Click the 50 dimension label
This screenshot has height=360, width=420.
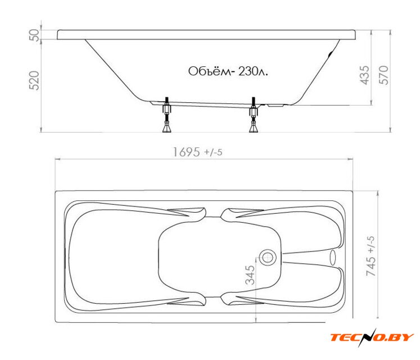(34, 35)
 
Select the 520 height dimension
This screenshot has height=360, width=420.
(34, 80)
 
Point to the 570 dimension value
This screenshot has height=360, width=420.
(383, 75)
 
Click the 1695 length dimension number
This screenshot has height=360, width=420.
(187, 152)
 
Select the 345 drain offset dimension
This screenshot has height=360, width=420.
(250, 274)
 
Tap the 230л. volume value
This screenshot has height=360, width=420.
(253, 71)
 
